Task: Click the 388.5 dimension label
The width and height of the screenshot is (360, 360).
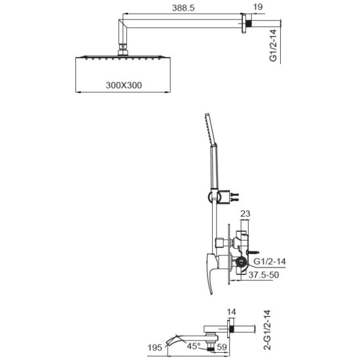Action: point(183,8)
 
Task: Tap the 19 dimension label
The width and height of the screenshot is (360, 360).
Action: point(258,7)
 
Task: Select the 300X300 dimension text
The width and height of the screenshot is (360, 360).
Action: point(124,85)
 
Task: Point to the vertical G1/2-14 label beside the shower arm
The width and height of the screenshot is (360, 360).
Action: point(273,46)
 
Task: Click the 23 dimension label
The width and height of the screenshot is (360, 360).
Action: point(245,213)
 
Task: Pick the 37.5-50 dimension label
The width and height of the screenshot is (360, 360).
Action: point(264,275)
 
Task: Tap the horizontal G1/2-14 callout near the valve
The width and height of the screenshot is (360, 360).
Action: point(270,261)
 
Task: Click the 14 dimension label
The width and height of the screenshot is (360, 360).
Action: point(231,312)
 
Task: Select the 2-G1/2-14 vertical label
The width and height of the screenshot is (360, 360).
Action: point(267,330)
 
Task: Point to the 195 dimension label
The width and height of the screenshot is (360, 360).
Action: point(154,348)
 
